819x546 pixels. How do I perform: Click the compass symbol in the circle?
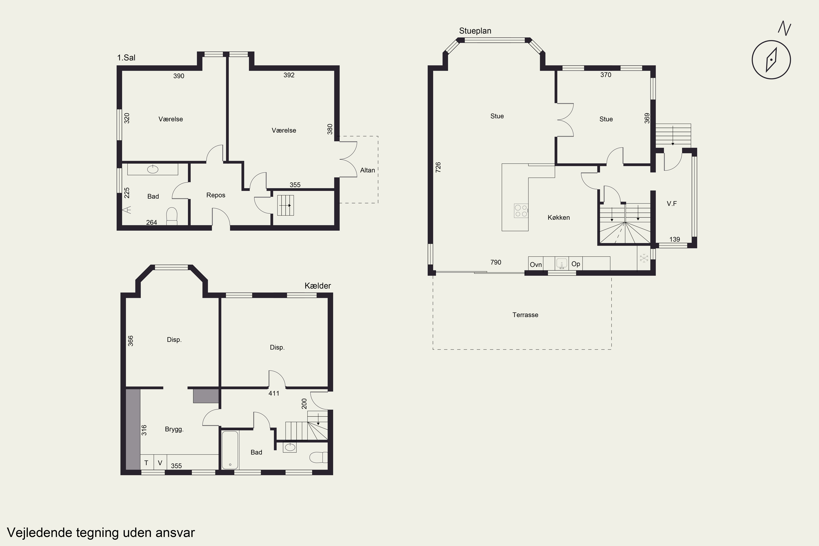(771, 60)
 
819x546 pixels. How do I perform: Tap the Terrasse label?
(525, 315)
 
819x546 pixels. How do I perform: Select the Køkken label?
(559, 218)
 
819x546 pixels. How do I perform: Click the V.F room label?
(672, 204)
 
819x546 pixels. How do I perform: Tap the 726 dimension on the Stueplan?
(438, 167)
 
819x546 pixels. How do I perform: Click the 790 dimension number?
(496, 262)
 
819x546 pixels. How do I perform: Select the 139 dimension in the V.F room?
(675, 239)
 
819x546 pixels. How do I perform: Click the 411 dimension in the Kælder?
(274, 393)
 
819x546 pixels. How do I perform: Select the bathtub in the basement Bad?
(230, 450)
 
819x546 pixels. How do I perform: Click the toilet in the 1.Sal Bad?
(172, 216)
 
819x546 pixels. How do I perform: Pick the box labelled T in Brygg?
(147, 462)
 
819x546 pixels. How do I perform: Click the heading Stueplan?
(475, 31)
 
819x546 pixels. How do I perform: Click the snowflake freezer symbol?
(644, 258)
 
